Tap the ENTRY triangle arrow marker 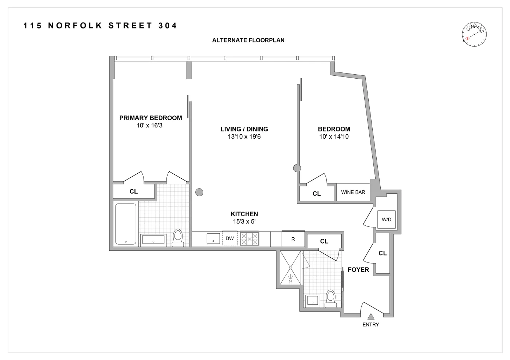(371, 317)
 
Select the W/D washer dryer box (387, 219)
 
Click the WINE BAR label (353, 192)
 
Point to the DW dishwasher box (229, 238)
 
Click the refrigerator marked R (293, 239)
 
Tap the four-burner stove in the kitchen (250, 239)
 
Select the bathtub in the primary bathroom (126, 224)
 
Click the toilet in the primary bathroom (178, 238)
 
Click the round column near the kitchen (199, 192)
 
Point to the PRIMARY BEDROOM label (150, 118)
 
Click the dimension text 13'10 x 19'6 (244, 137)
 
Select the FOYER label (358, 270)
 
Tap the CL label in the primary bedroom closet (134, 191)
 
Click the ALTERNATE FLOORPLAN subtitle (248, 40)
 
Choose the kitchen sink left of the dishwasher (213, 238)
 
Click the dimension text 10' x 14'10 (334, 137)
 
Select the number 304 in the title (168, 25)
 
